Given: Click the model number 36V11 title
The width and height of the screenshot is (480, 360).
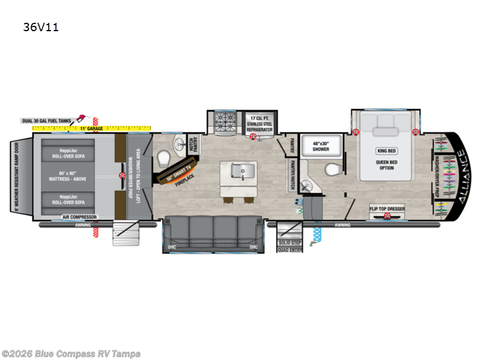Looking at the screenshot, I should (x=41, y=27).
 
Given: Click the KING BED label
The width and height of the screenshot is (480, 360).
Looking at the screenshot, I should (x=386, y=151).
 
